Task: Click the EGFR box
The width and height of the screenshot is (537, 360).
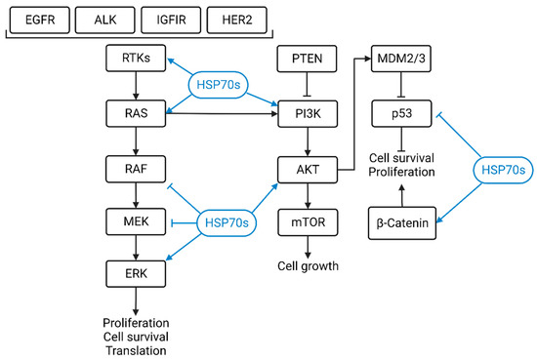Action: (x=39, y=19)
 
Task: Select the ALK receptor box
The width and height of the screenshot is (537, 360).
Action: (x=105, y=19)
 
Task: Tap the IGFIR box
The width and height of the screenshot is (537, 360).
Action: (x=172, y=19)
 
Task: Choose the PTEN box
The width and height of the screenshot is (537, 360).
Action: (x=309, y=60)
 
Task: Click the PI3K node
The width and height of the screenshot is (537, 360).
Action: (x=309, y=115)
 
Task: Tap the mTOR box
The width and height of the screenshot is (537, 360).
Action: (x=309, y=222)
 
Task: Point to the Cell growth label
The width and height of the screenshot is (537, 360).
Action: (x=309, y=265)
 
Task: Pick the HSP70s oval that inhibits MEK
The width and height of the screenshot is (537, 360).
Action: (x=227, y=223)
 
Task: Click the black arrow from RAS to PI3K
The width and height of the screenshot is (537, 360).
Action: (x=225, y=115)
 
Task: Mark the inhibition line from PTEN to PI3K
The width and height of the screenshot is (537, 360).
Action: (x=309, y=88)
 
